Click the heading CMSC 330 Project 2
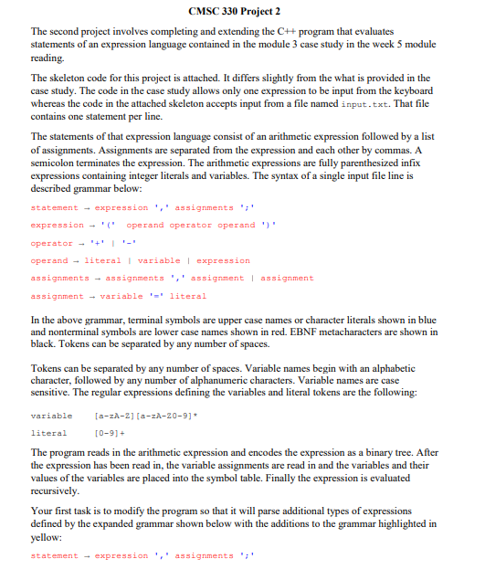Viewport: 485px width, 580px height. [x=242, y=11]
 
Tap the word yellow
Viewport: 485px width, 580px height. [x=47, y=541]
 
